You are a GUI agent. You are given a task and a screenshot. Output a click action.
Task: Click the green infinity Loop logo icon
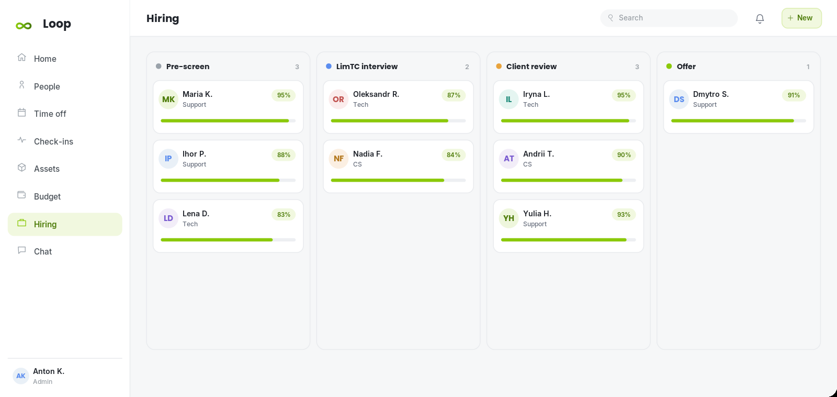pos(24,26)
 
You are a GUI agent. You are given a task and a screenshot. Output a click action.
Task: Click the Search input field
pos(669,18)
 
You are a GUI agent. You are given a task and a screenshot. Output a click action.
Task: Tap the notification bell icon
pos(760,18)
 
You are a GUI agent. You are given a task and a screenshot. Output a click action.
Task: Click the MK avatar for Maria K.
pos(168,99)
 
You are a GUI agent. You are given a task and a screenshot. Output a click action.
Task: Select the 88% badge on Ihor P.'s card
pos(284,155)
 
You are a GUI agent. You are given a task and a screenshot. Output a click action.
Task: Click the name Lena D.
pos(196,214)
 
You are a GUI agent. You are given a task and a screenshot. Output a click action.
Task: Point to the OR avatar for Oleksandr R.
pos(338,99)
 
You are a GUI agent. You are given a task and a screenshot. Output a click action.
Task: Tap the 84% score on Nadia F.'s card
pos(454,155)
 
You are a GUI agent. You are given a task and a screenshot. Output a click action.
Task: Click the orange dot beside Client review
pos(499,66)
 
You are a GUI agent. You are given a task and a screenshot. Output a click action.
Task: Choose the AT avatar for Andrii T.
pos(508,159)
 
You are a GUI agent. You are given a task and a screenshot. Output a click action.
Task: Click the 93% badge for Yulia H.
pos(624,214)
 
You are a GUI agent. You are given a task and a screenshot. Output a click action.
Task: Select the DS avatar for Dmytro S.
pos(678,99)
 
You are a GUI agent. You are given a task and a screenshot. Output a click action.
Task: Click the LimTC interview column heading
pos(367,66)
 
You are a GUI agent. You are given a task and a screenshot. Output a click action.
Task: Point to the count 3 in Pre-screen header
pos(297,67)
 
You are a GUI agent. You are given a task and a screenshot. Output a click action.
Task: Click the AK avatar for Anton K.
pos(20,376)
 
